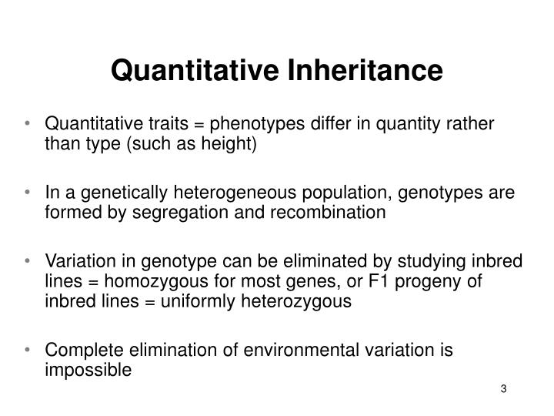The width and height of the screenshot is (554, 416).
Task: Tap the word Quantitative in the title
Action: (195, 71)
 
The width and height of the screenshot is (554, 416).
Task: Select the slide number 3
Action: (503, 387)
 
